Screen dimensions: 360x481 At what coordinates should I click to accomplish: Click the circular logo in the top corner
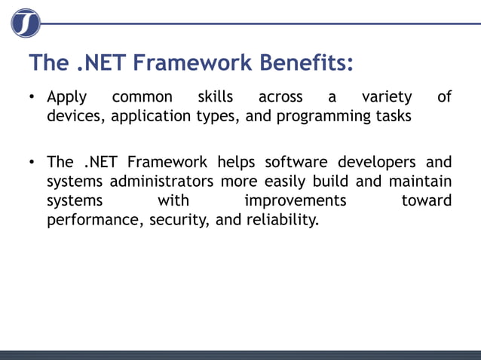tap(25, 23)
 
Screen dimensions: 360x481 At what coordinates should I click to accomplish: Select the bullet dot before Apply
tap(33, 98)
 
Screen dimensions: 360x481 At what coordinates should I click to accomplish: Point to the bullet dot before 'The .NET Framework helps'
tap(33, 163)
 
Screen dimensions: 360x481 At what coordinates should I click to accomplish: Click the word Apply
tap(66, 98)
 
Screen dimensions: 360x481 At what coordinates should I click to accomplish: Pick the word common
tap(142, 98)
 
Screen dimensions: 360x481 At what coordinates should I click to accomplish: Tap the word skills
tap(215, 97)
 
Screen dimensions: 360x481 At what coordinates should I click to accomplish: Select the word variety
tap(387, 97)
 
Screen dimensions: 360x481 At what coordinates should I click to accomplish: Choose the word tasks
tap(387, 117)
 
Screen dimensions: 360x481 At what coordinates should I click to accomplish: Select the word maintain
tap(420, 182)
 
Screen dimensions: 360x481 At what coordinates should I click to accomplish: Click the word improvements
tap(296, 201)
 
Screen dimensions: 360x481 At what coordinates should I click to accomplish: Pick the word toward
tap(427, 201)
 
